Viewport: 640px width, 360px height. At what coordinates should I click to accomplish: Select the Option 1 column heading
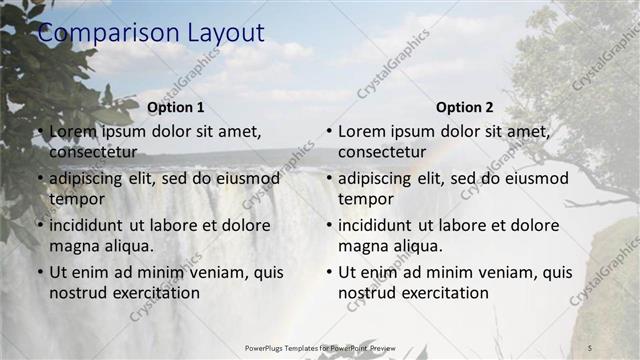coord(175,107)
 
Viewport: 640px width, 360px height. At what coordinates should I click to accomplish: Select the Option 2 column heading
coord(464,107)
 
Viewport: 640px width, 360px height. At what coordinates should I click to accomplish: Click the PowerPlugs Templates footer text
coord(320,347)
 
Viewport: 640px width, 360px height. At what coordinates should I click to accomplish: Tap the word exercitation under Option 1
coord(156,293)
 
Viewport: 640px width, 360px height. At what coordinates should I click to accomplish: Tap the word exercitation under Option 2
coord(445,293)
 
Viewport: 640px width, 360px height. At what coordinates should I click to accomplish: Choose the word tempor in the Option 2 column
coord(366,199)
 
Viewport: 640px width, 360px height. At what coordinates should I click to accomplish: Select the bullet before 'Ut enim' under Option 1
coord(39,272)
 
